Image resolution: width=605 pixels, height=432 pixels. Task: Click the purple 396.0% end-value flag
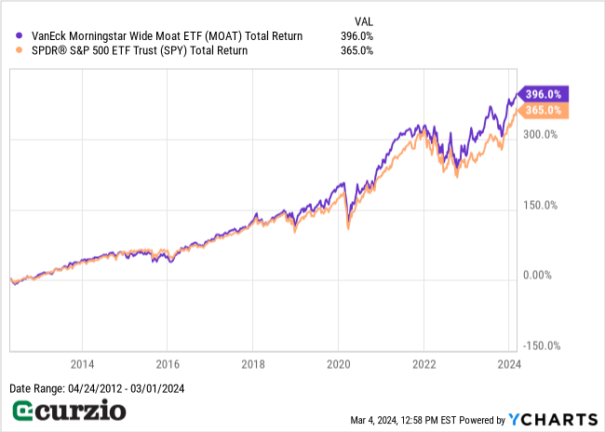click(x=544, y=94)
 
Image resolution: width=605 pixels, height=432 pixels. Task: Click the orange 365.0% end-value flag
click(x=544, y=110)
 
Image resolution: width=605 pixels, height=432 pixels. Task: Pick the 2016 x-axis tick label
click(x=168, y=365)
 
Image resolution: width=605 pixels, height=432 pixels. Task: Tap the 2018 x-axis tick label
click(x=253, y=365)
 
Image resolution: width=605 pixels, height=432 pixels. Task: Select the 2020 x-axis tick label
click(x=339, y=365)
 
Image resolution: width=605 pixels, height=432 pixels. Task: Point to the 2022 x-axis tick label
click(x=424, y=365)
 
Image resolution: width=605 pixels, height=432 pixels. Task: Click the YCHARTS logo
click(x=553, y=419)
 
